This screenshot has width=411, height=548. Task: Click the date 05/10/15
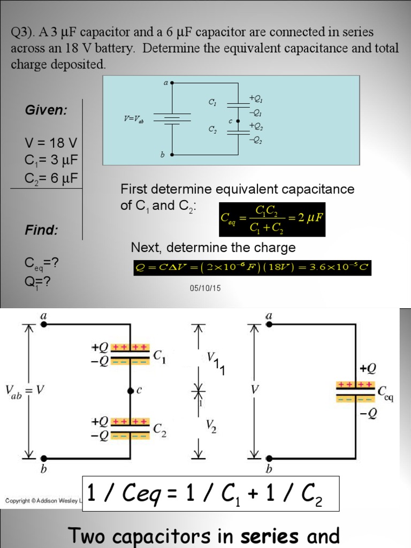pyautogui.click(x=205, y=288)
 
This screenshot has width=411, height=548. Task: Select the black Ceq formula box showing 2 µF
pyautogui.click(x=272, y=218)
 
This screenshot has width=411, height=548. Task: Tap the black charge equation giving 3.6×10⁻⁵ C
pyautogui.click(x=252, y=268)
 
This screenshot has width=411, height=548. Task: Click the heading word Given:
pyautogui.click(x=46, y=110)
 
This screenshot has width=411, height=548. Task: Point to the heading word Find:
pyautogui.click(x=41, y=231)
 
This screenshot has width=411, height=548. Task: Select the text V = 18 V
pyautogui.click(x=51, y=143)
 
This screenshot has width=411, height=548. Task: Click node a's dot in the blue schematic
pyautogui.click(x=172, y=83)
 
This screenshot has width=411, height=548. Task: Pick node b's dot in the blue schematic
pyautogui.click(x=172, y=155)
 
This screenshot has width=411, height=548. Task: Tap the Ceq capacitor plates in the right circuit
pyautogui.click(x=354, y=392)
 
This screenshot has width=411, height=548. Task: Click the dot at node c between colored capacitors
pyautogui.click(x=130, y=391)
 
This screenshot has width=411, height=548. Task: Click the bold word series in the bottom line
pyautogui.click(x=271, y=535)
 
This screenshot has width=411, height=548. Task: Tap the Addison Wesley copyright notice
pyautogui.click(x=42, y=501)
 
